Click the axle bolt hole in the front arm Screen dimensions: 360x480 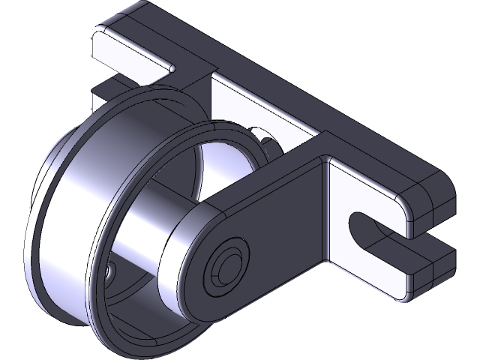[225, 263]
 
